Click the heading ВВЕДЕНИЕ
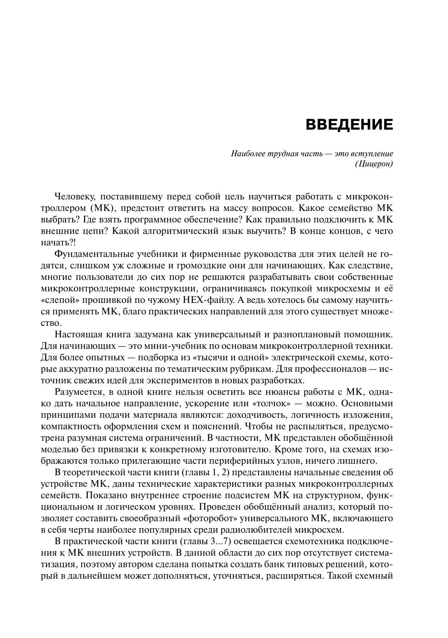[x=349, y=125]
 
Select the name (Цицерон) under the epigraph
[x=374, y=164]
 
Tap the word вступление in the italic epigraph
[x=371, y=153]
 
